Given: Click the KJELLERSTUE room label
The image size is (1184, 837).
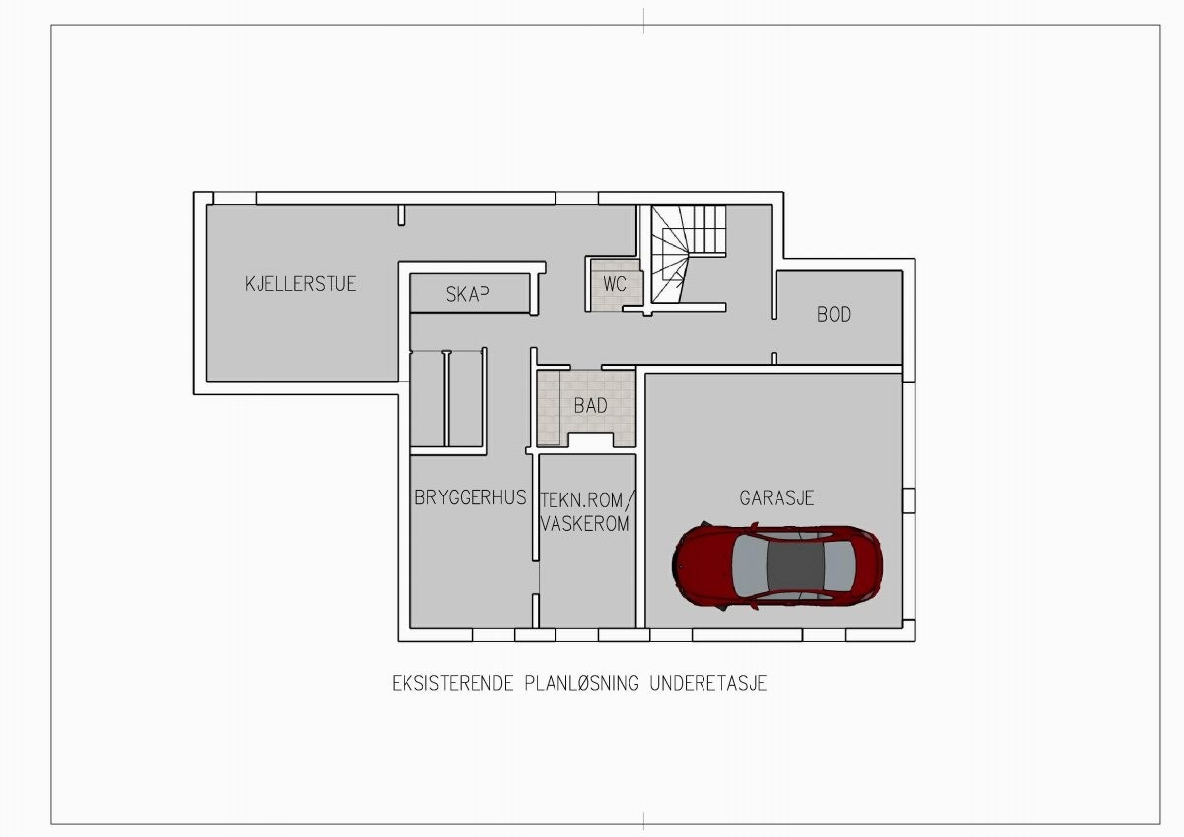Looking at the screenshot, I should click(300, 284).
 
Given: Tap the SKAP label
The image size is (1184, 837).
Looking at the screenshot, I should click(468, 294).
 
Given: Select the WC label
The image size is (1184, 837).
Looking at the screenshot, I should click(616, 283).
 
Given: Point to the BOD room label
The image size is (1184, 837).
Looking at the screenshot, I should click(834, 315).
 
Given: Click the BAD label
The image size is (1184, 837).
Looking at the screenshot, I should click(590, 406).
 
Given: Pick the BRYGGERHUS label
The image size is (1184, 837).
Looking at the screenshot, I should click(470, 497).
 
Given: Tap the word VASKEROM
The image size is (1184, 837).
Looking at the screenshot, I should click(585, 524).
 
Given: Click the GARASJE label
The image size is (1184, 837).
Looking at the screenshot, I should click(777, 498).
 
